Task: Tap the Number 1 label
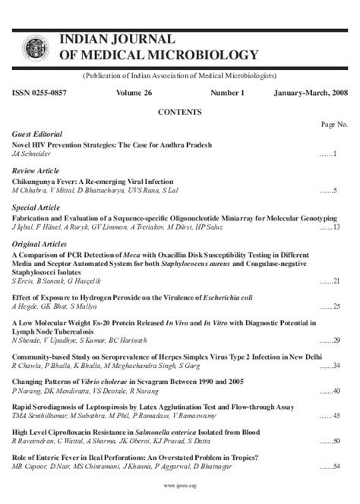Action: click(x=228, y=93)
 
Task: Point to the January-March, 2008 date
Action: click(x=311, y=93)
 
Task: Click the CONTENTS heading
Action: click(x=179, y=112)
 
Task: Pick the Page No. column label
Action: click(x=334, y=123)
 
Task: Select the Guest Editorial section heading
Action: click(x=37, y=134)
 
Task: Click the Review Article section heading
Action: click(x=36, y=171)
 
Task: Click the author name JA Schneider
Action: click(x=32, y=154)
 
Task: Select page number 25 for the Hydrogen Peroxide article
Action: click(x=338, y=306)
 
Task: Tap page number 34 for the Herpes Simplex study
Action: click(x=338, y=366)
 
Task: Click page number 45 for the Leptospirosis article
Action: click(x=338, y=417)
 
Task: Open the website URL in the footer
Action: click(x=179, y=485)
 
